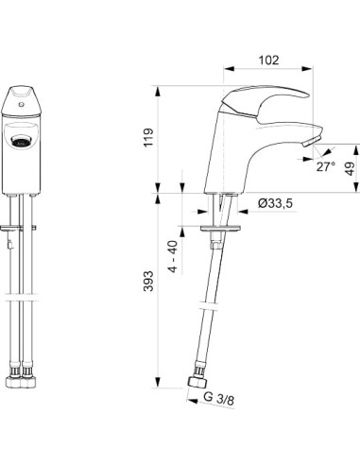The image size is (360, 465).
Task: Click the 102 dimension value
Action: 268,60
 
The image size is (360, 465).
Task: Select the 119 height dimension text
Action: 148,137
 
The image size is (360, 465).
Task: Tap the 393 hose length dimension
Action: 148,281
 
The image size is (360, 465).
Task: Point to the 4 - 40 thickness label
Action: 173,257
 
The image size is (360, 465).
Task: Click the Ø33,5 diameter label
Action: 275,203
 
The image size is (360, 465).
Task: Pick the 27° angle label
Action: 326,166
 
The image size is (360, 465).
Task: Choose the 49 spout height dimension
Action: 350,168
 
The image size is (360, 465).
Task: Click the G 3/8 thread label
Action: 218,399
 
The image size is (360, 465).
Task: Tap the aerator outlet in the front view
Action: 21,140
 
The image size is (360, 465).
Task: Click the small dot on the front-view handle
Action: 21,104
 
